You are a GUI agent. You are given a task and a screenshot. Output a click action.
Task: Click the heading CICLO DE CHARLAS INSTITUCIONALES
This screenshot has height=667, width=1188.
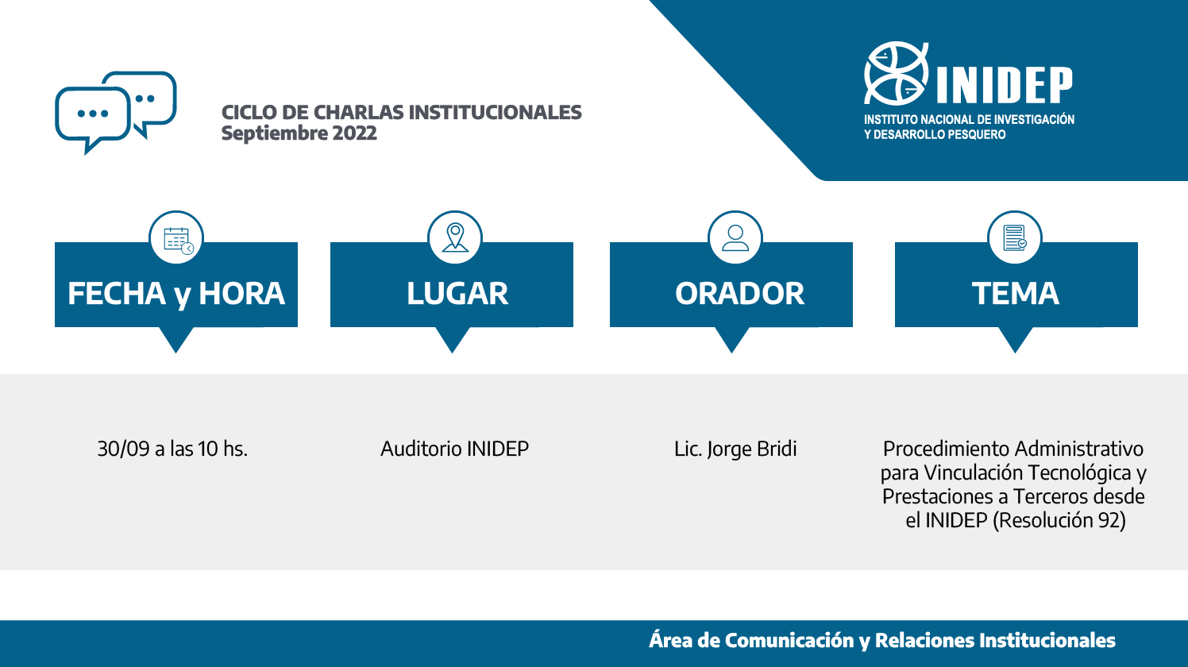(402, 113)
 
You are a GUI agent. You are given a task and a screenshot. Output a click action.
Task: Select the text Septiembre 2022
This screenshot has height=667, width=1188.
(299, 133)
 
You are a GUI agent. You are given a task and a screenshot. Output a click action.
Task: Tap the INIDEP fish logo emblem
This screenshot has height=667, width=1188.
(897, 73)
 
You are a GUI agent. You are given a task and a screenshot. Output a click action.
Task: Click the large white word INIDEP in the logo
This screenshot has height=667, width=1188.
(1005, 85)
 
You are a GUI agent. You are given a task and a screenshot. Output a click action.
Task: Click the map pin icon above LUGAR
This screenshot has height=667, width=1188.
(455, 237)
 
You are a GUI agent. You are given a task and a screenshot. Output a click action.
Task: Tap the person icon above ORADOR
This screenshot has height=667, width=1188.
(735, 237)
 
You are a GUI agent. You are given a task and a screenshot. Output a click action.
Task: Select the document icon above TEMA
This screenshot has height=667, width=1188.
(1015, 237)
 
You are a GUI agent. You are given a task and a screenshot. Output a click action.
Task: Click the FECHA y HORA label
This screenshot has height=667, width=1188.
(176, 294)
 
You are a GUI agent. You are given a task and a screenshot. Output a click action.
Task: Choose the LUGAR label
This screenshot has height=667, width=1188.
(457, 293)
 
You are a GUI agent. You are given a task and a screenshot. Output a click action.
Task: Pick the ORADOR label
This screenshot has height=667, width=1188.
(739, 293)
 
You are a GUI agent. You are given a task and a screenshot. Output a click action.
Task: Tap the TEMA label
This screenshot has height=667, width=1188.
(1015, 293)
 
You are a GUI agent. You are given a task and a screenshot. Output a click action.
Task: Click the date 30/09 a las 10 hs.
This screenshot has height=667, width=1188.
(172, 449)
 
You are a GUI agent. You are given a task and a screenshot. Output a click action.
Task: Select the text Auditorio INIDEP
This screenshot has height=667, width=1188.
(454, 449)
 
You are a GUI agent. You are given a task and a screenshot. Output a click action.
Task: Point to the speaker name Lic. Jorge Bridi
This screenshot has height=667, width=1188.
(735, 449)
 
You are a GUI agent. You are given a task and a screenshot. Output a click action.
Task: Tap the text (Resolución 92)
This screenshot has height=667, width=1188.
(1059, 521)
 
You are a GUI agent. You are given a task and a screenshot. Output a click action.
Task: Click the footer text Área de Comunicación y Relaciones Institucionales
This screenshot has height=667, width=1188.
(882, 641)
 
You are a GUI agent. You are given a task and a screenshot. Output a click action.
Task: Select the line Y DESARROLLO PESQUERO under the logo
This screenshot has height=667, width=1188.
(935, 135)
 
